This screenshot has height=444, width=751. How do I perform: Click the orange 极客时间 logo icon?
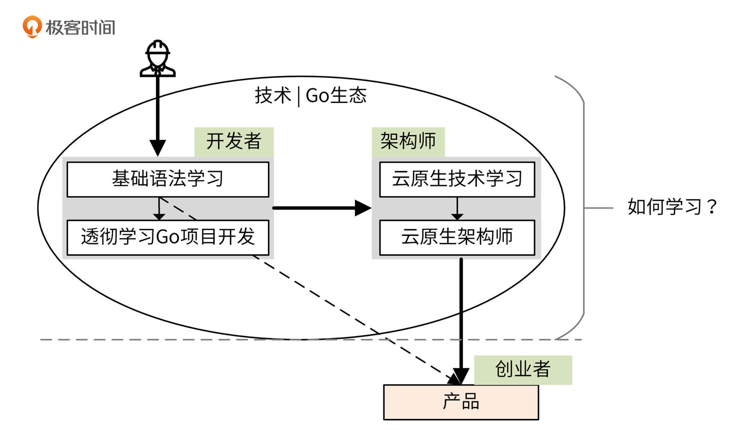(32, 27)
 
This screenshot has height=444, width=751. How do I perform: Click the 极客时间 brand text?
(80, 28)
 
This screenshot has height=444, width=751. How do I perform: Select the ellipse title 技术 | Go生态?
(311, 95)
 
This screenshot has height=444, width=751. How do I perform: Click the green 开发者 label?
(234, 141)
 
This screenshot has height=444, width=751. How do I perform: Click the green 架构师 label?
(408, 141)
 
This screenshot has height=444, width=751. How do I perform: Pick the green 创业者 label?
(523, 369)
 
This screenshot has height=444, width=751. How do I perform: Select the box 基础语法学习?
(168, 179)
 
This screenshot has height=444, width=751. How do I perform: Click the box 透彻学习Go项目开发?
(168, 237)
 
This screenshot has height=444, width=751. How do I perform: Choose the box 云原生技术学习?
(457, 179)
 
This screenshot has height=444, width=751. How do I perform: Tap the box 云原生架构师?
(457, 237)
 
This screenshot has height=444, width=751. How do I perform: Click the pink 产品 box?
(461, 402)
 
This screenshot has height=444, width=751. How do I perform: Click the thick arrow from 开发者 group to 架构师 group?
(321, 208)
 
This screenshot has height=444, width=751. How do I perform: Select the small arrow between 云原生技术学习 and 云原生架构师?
(457, 209)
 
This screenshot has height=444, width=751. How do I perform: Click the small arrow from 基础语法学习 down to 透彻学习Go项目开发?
(159, 209)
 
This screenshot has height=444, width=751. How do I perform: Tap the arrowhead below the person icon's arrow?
(158, 148)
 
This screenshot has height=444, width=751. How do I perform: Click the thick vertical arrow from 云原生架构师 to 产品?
(461, 313)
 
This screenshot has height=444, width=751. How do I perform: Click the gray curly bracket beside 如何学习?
(584, 207)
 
